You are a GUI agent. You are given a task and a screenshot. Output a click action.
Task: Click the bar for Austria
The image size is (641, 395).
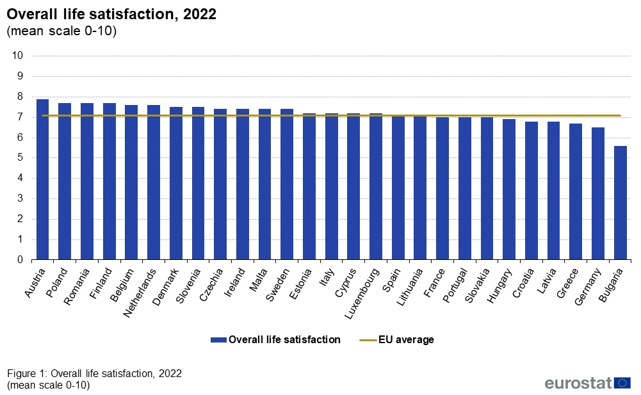[42, 180]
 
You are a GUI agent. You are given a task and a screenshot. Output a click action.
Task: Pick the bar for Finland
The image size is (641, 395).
[109, 182]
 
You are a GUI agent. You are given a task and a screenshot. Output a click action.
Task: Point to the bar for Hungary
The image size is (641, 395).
[508, 189]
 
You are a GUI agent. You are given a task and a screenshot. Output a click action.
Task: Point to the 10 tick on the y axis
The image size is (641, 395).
[18, 56]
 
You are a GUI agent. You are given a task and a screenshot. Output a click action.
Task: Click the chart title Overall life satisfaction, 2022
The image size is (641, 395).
[111, 15]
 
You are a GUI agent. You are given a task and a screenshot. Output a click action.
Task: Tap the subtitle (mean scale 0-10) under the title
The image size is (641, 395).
[61, 31]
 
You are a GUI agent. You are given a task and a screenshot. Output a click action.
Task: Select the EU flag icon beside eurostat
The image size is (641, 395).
[622, 383]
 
